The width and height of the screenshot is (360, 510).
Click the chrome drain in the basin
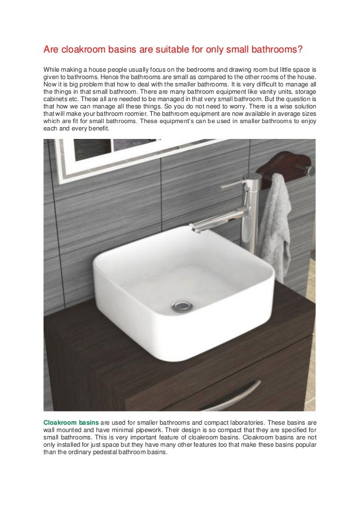(x=182, y=306)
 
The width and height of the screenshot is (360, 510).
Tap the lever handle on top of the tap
(x=234, y=184)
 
